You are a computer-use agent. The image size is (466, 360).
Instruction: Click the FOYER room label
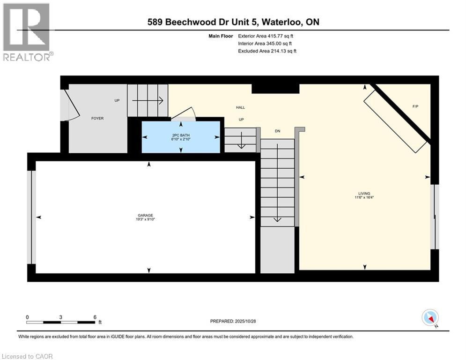97,118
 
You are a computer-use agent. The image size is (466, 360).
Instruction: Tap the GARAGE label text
145,215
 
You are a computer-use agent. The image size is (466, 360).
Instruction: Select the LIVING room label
364,194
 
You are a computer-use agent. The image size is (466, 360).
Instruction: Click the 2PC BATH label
181,134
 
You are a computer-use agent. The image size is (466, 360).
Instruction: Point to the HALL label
240,107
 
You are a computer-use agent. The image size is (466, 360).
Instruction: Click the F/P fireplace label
415,106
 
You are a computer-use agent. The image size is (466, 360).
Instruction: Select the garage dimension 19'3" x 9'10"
145,219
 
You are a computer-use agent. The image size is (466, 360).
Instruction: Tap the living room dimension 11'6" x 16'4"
364,198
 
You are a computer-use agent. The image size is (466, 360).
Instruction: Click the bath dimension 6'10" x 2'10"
181,138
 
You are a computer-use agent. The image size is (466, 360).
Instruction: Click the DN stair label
277,131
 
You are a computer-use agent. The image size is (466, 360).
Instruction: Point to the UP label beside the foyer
117,100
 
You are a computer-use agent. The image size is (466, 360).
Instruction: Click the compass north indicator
430,318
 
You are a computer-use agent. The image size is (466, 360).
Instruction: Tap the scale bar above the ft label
61,322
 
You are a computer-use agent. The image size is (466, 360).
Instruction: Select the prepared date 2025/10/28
233,321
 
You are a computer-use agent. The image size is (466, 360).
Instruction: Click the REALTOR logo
27,32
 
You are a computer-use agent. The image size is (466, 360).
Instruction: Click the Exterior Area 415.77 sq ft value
266,36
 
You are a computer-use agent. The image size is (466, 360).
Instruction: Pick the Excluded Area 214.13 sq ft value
267,51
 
